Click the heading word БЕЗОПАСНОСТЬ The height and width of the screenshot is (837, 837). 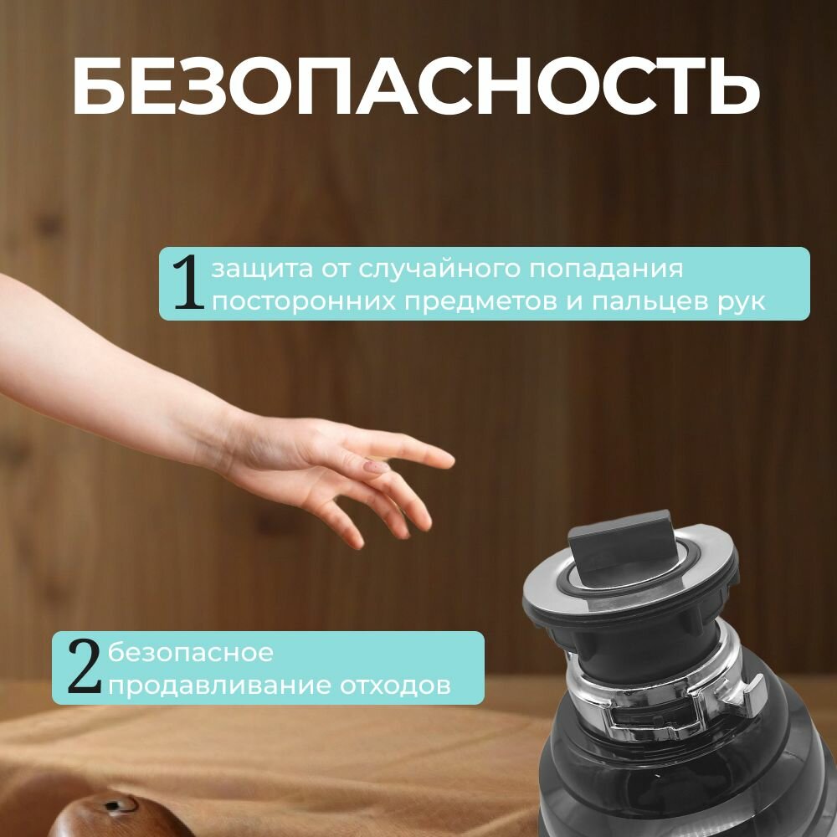tap(415, 86)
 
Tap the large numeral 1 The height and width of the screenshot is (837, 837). tap(187, 285)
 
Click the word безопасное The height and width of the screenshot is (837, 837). tap(191, 653)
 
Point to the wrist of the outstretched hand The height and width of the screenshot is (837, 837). tap(213, 435)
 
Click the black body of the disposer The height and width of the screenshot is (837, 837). tap(670, 787)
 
